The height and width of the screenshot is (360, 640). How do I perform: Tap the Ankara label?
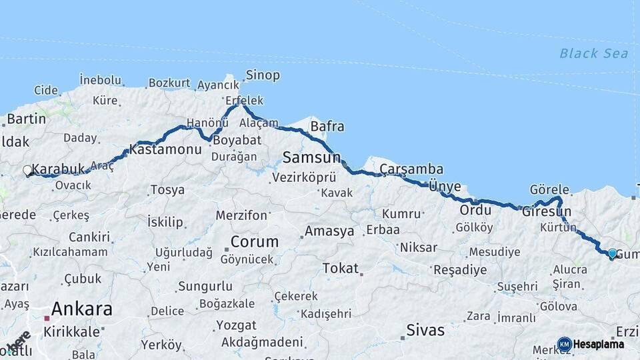[81, 309]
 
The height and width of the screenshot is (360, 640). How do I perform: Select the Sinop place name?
[263, 75]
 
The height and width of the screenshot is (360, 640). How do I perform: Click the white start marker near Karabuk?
[27, 171]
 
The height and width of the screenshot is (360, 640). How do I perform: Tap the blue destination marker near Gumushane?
[612, 253]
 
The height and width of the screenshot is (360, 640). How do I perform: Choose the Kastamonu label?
[165, 149]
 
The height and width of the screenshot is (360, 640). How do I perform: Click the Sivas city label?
[425, 329]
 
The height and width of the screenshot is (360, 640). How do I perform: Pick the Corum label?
[254, 241]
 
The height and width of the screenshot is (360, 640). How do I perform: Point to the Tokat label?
[340, 268]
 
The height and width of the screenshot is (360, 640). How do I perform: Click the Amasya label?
[329, 231]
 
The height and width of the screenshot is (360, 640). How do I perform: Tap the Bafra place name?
[327, 126]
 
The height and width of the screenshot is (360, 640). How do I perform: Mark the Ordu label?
[475, 210]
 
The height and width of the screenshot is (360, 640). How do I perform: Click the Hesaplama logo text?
[599, 345]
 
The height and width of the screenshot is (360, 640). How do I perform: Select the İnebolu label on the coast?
[100, 80]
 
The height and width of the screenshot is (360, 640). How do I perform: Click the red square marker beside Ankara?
[47, 319]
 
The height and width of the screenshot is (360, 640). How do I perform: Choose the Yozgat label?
[235, 326]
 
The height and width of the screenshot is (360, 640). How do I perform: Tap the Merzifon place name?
[241, 215]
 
